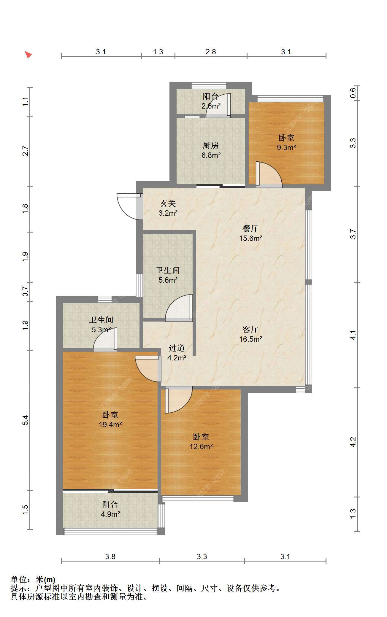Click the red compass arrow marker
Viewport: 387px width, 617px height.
pos(28,55)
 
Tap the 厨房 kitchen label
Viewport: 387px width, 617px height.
pos(211,145)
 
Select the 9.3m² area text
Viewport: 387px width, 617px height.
pos(286,147)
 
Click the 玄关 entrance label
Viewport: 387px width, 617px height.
pos(168,203)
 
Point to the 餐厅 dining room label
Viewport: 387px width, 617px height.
pos(250,228)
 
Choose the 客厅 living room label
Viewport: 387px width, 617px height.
pos(250,329)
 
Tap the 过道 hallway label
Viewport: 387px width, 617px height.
pos(177,348)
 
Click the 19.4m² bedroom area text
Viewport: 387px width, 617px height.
pos(110,424)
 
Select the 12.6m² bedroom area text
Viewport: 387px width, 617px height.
pos(201,446)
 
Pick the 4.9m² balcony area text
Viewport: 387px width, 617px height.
pos(110,514)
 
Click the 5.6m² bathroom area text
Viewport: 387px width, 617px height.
pos(168,280)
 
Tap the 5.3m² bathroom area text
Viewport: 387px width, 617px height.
pos(101,330)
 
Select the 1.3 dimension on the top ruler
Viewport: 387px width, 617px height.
pos(158,52)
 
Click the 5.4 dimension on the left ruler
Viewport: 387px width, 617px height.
pos(26,420)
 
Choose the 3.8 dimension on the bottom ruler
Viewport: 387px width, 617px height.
pos(110,556)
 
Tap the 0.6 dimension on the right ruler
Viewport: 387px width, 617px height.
pos(353,93)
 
